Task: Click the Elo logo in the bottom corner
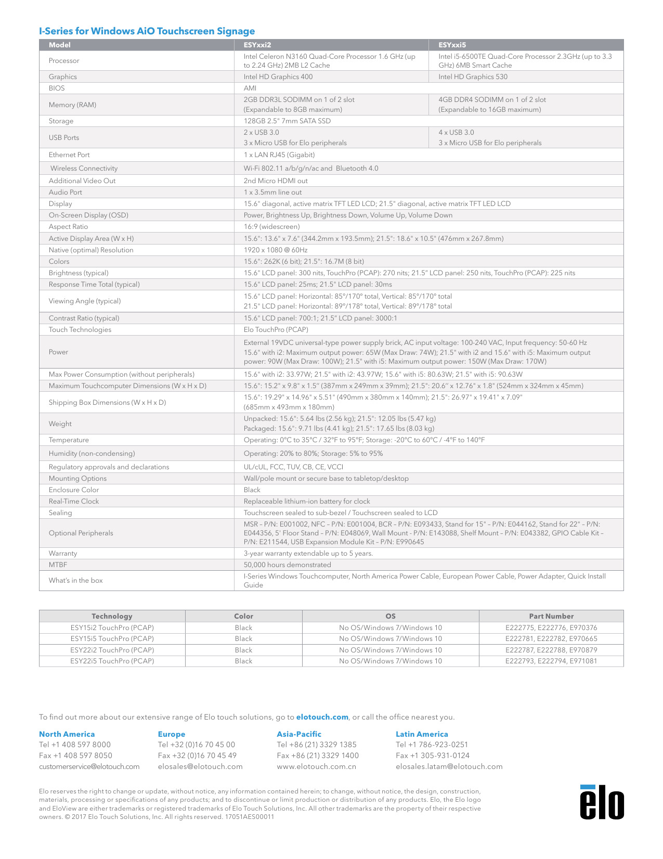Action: click(x=602, y=802)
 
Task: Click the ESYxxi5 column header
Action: click(x=452, y=45)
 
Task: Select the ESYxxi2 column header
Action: click(x=257, y=45)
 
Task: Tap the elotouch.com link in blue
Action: click(x=322, y=717)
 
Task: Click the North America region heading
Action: click(x=67, y=734)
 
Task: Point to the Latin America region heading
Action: click(x=422, y=734)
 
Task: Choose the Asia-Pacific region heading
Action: click(x=299, y=734)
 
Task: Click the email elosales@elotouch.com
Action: click(x=200, y=766)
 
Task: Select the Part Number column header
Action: click(x=551, y=616)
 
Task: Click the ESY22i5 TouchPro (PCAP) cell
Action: click(x=112, y=661)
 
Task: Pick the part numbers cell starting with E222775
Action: click(x=551, y=627)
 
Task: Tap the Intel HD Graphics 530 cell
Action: click(x=473, y=76)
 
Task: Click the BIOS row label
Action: click(x=57, y=88)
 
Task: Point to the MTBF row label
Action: click(x=58, y=565)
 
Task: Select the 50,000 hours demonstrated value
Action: click(x=287, y=565)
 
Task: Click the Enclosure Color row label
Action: click(x=74, y=490)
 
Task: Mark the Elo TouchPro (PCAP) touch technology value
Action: click(x=276, y=329)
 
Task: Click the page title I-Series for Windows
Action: click(x=147, y=31)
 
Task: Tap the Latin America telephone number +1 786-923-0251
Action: click(x=432, y=745)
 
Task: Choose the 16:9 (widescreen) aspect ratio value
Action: click(x=271, y=226)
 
